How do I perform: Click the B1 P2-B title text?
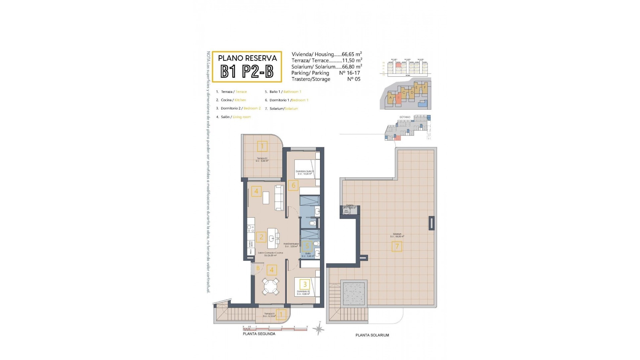coord(247,71)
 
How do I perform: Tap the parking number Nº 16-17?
coord(349,73)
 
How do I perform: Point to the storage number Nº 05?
coord(354,79)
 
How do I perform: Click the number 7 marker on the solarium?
coord(397,247)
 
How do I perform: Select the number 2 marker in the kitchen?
coord(261,237)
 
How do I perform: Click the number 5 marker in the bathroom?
coord(307,247)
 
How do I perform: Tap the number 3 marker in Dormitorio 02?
coord(305,284)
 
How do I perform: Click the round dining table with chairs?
coord(270,286)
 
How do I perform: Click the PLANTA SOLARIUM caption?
coord(372,335)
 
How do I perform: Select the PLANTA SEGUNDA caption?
coord(259,334)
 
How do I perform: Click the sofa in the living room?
coord(279,198)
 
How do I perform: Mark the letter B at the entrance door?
coord(258,268)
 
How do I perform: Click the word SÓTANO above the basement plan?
coord(404,117)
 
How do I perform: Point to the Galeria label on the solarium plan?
coord(349,205)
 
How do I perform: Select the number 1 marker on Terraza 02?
coord(262,146)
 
